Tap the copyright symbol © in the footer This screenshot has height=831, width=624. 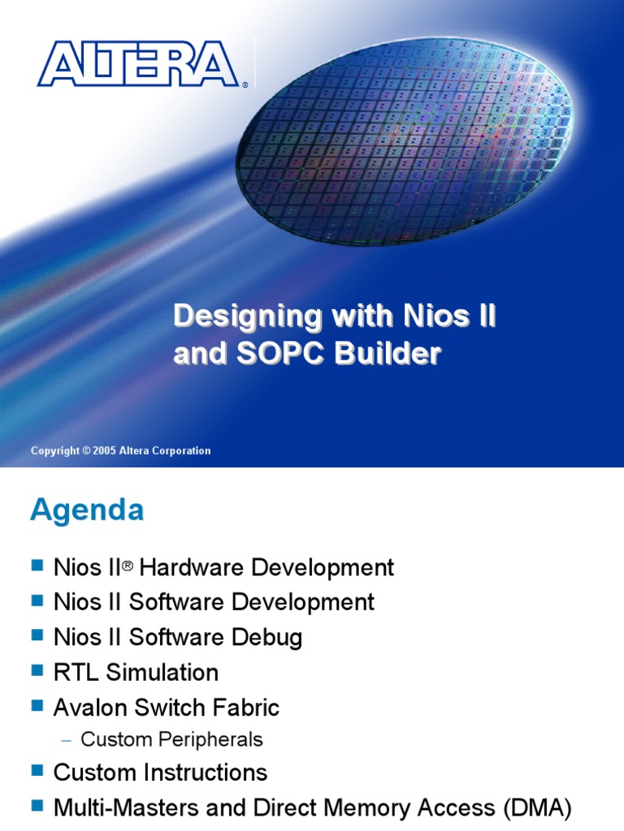85,451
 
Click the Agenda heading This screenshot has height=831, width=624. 87,510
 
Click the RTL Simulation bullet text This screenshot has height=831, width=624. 136,672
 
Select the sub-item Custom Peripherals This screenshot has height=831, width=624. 171,739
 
